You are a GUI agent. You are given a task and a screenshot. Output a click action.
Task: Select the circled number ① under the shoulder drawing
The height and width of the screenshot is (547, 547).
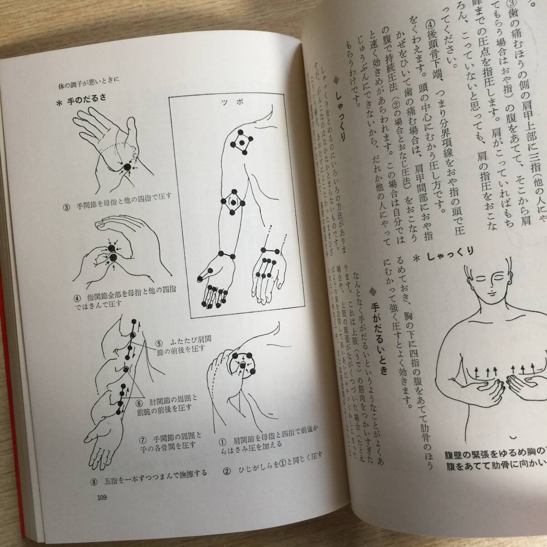tap(223, 441)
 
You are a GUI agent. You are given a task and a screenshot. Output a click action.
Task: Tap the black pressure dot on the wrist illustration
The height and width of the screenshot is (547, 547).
tap(127, 168)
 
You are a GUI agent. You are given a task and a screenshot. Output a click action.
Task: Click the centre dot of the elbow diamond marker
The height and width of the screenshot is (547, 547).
tap(234, 202)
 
